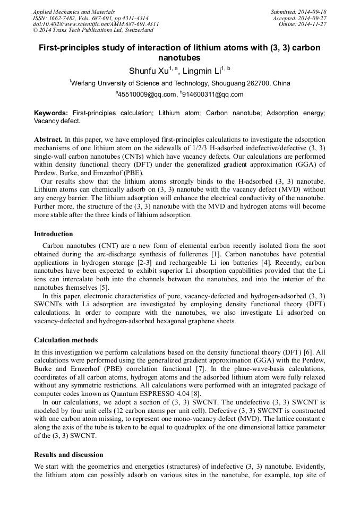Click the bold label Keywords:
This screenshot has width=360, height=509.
coord(52,113)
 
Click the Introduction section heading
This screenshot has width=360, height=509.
coord(54,234)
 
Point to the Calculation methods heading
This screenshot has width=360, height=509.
coord(66,340)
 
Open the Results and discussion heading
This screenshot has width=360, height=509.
coord(68,455)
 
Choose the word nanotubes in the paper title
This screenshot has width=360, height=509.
coord(180,57)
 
